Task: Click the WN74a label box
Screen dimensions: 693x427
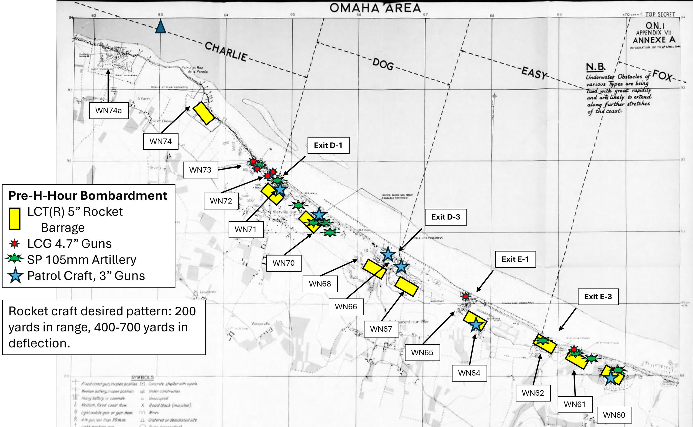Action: coord(109,110)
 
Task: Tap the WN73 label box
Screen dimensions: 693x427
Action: coord(200,170)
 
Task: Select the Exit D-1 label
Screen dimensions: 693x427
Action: coord(328,145)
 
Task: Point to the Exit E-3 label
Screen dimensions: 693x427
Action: coord(598,296)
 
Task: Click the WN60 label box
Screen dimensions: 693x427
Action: coord(614,415)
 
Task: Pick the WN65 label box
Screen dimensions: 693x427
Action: coord(422,352)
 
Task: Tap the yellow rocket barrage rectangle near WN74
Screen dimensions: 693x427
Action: coord(203,113)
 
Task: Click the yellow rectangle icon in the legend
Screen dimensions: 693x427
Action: coord(14,219)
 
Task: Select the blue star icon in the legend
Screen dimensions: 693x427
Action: coord(15,276)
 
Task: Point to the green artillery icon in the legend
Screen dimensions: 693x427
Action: coord(14,258)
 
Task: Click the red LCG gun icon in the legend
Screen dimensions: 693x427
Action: coord(14,244)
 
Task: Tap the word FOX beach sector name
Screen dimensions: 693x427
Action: coord(662,75)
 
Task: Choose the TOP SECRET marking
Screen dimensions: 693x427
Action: coord(660,14)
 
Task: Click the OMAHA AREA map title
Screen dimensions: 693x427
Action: coord(375,8)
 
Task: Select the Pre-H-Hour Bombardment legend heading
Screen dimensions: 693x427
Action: coord(88,195)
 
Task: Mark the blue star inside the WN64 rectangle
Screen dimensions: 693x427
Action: coord(476,324)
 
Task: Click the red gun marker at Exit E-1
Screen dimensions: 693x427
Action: coord(466,296)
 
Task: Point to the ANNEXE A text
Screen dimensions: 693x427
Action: coord(654,40)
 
